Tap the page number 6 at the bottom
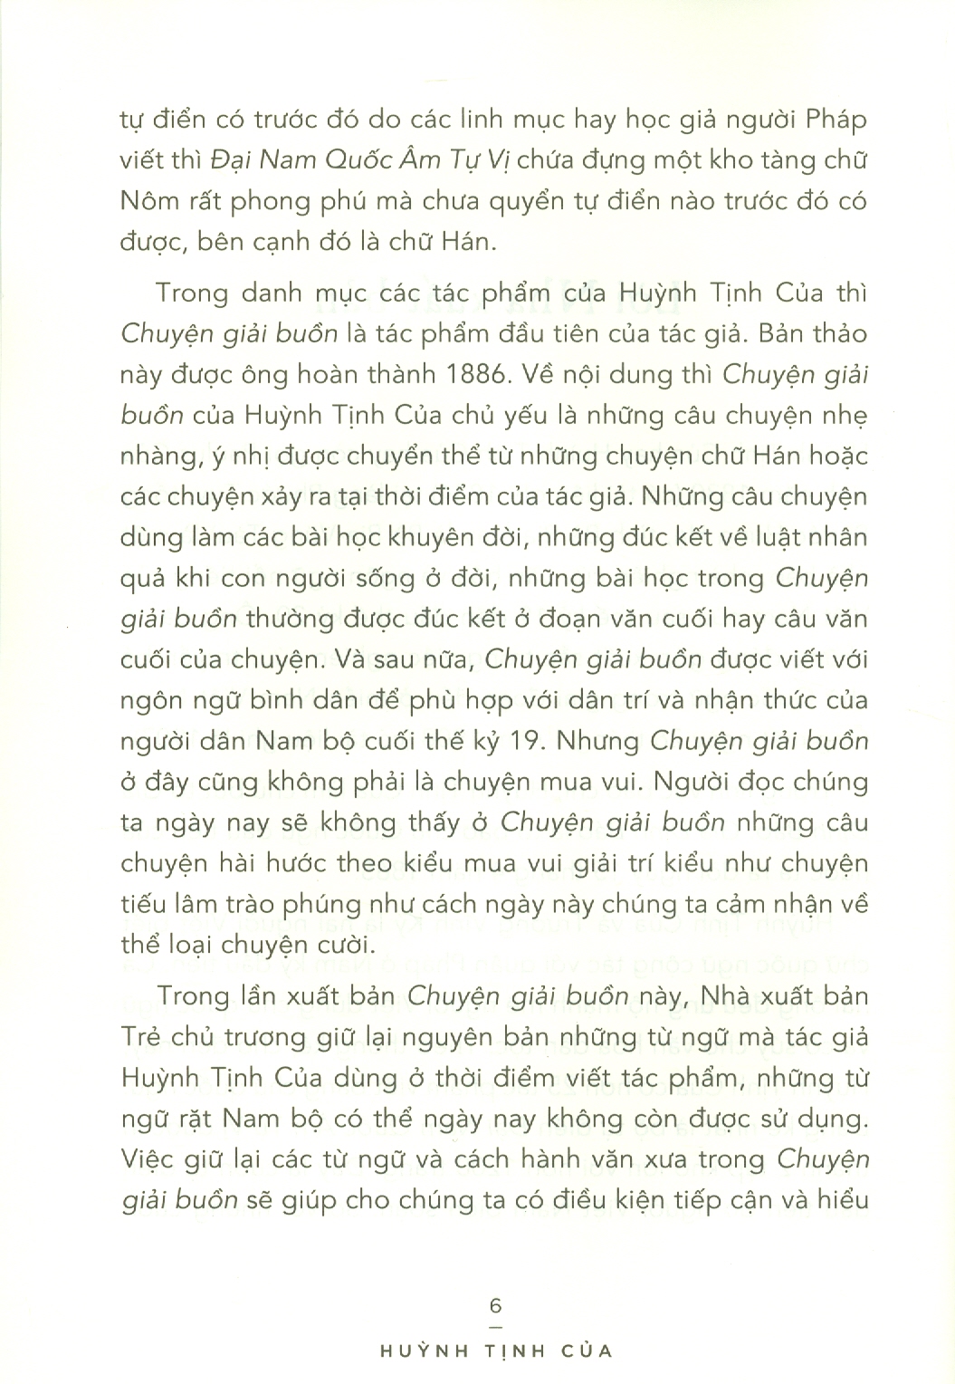coord(494,1306)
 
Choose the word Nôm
coord(146,200)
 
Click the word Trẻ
coord(140,1037)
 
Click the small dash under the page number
coord(494,1324)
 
